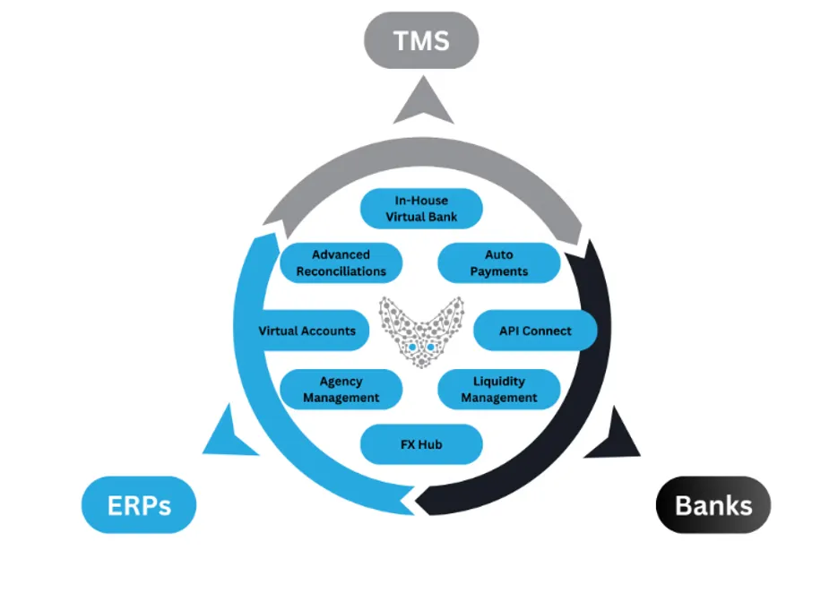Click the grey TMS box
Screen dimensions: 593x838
point(420,41)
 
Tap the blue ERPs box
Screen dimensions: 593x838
point(138,505)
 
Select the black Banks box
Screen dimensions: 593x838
point(713,505)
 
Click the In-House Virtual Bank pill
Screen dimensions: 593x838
point(421,209)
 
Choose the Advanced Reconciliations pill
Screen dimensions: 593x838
point(341,262)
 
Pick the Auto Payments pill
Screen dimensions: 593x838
point(499,262)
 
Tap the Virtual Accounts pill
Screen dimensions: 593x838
point(307,331)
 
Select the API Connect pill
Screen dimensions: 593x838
point(535,331)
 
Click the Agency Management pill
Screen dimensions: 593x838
point(341,390)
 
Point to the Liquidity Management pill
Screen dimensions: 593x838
point(499,390)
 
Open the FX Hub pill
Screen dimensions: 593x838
point(421,444)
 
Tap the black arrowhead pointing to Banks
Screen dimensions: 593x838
point(618,434)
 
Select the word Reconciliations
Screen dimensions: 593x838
point(341,271)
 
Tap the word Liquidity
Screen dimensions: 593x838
point(499,381)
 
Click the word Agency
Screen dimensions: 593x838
point(341,381)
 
